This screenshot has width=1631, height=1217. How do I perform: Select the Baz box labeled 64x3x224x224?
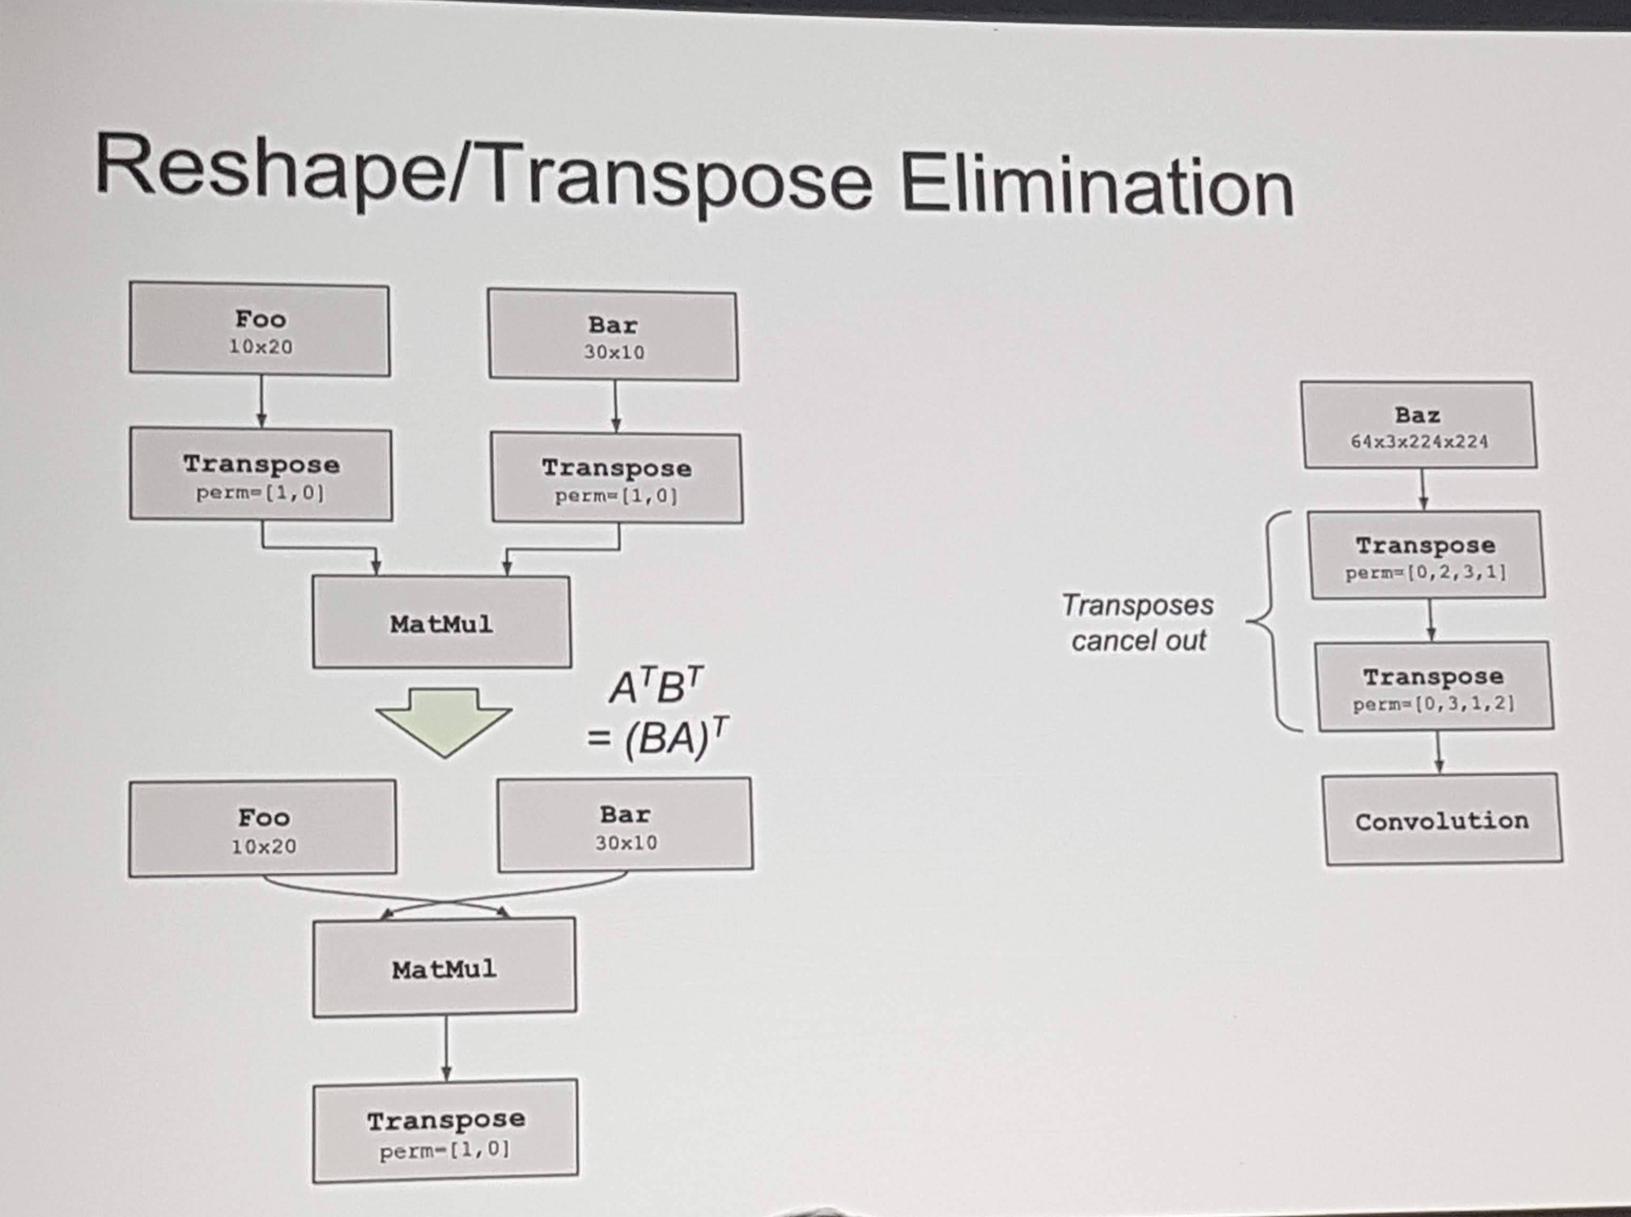1419,426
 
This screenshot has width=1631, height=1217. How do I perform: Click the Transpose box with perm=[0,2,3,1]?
1425,555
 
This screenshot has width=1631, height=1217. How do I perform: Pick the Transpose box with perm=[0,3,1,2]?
1434,687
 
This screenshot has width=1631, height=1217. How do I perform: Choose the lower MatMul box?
444,967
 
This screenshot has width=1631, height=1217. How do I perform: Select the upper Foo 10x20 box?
260,329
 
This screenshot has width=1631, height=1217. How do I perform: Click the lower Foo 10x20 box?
263,829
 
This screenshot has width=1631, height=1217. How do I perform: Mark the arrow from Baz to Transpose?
1423,489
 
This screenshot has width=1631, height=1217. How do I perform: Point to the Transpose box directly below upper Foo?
261,475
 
